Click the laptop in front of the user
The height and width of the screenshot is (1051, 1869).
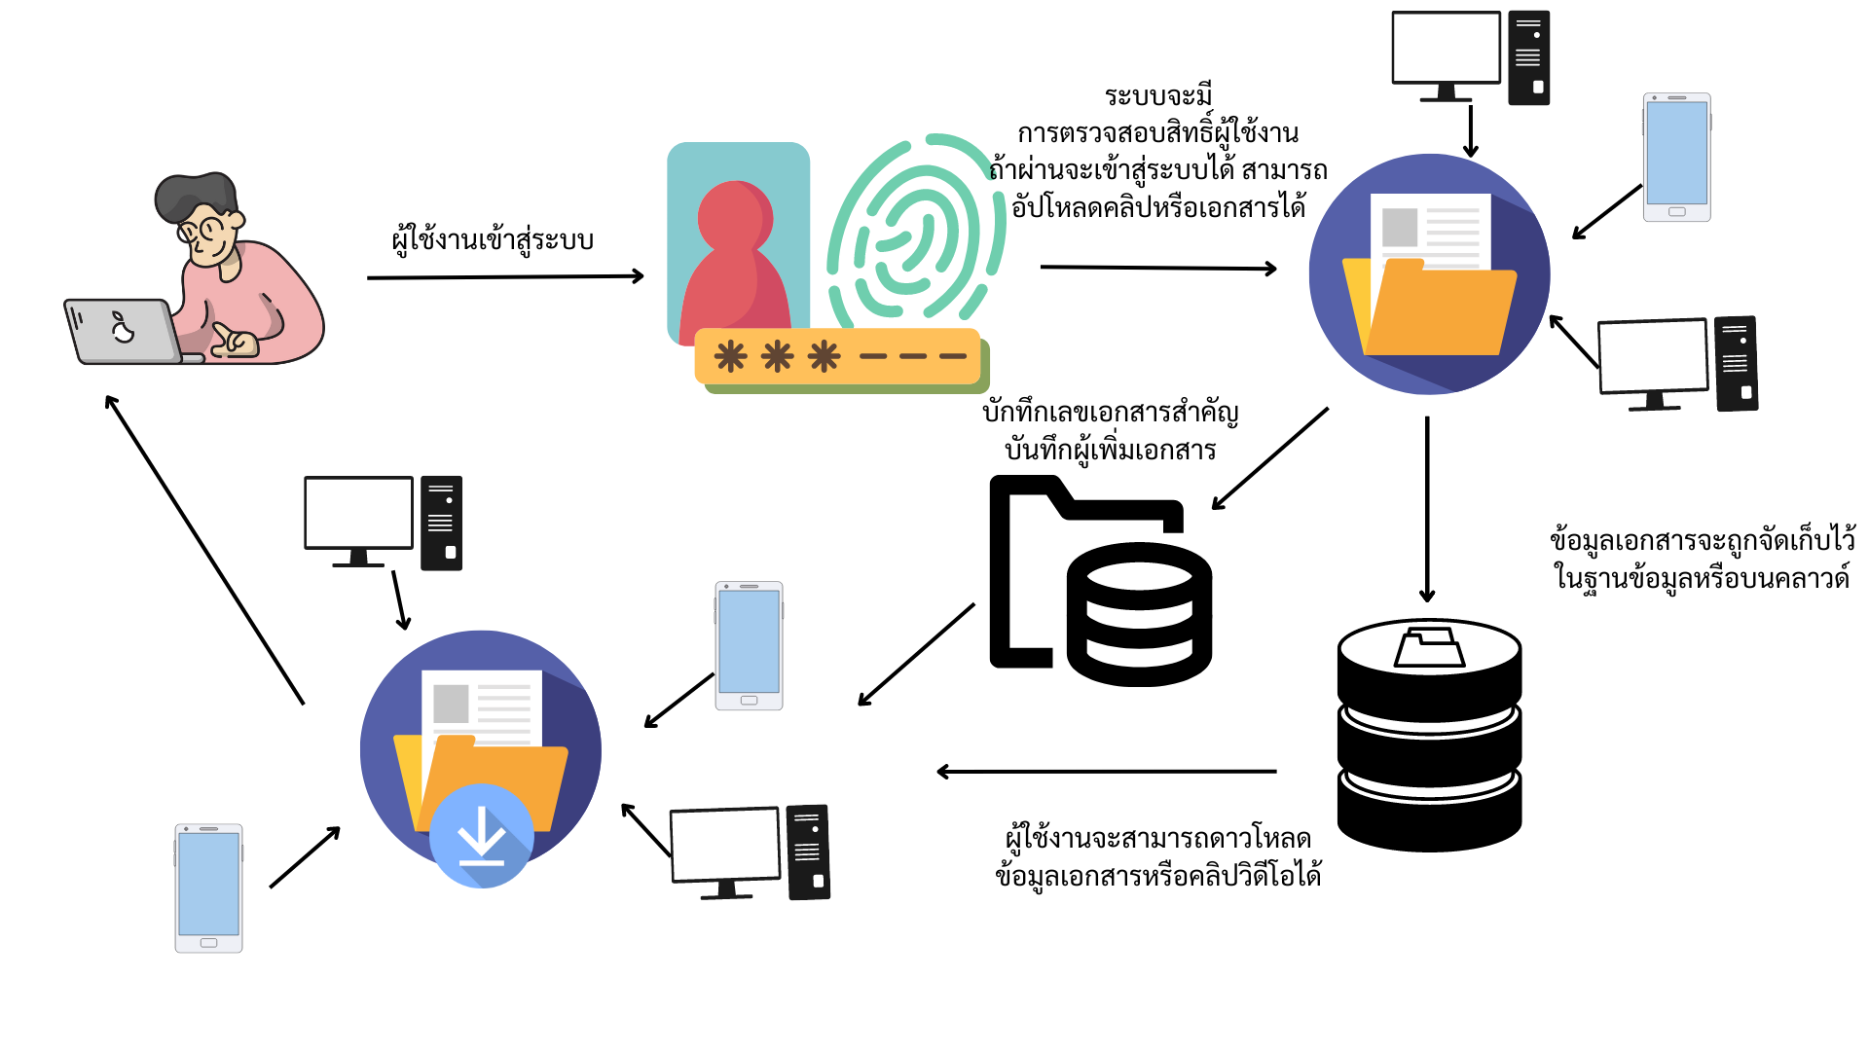[x=123, y=331]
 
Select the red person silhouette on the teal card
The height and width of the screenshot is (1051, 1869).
[x=736, y=263]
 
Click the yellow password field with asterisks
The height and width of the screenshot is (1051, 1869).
[x=837, y=356]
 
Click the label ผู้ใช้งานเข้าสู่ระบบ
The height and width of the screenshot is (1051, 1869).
[x=493, y=239]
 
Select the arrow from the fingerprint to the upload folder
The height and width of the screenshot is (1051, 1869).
[x=1158, y=268]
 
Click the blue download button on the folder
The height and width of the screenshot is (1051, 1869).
[x=481, y=835]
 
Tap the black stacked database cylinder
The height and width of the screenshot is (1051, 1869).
[x=1429, y=735]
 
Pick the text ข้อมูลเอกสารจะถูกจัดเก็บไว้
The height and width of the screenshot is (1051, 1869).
[x=1703, y=540]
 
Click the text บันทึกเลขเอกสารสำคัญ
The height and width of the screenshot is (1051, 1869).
[x=1110, y=413]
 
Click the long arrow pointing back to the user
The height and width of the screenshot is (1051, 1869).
[x=204, y=550]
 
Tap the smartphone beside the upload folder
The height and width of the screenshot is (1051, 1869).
[x=1676, y=158]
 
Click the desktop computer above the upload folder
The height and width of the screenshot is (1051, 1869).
[x=1470, y=56]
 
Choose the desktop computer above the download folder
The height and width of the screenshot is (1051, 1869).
[x=383, y=522]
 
